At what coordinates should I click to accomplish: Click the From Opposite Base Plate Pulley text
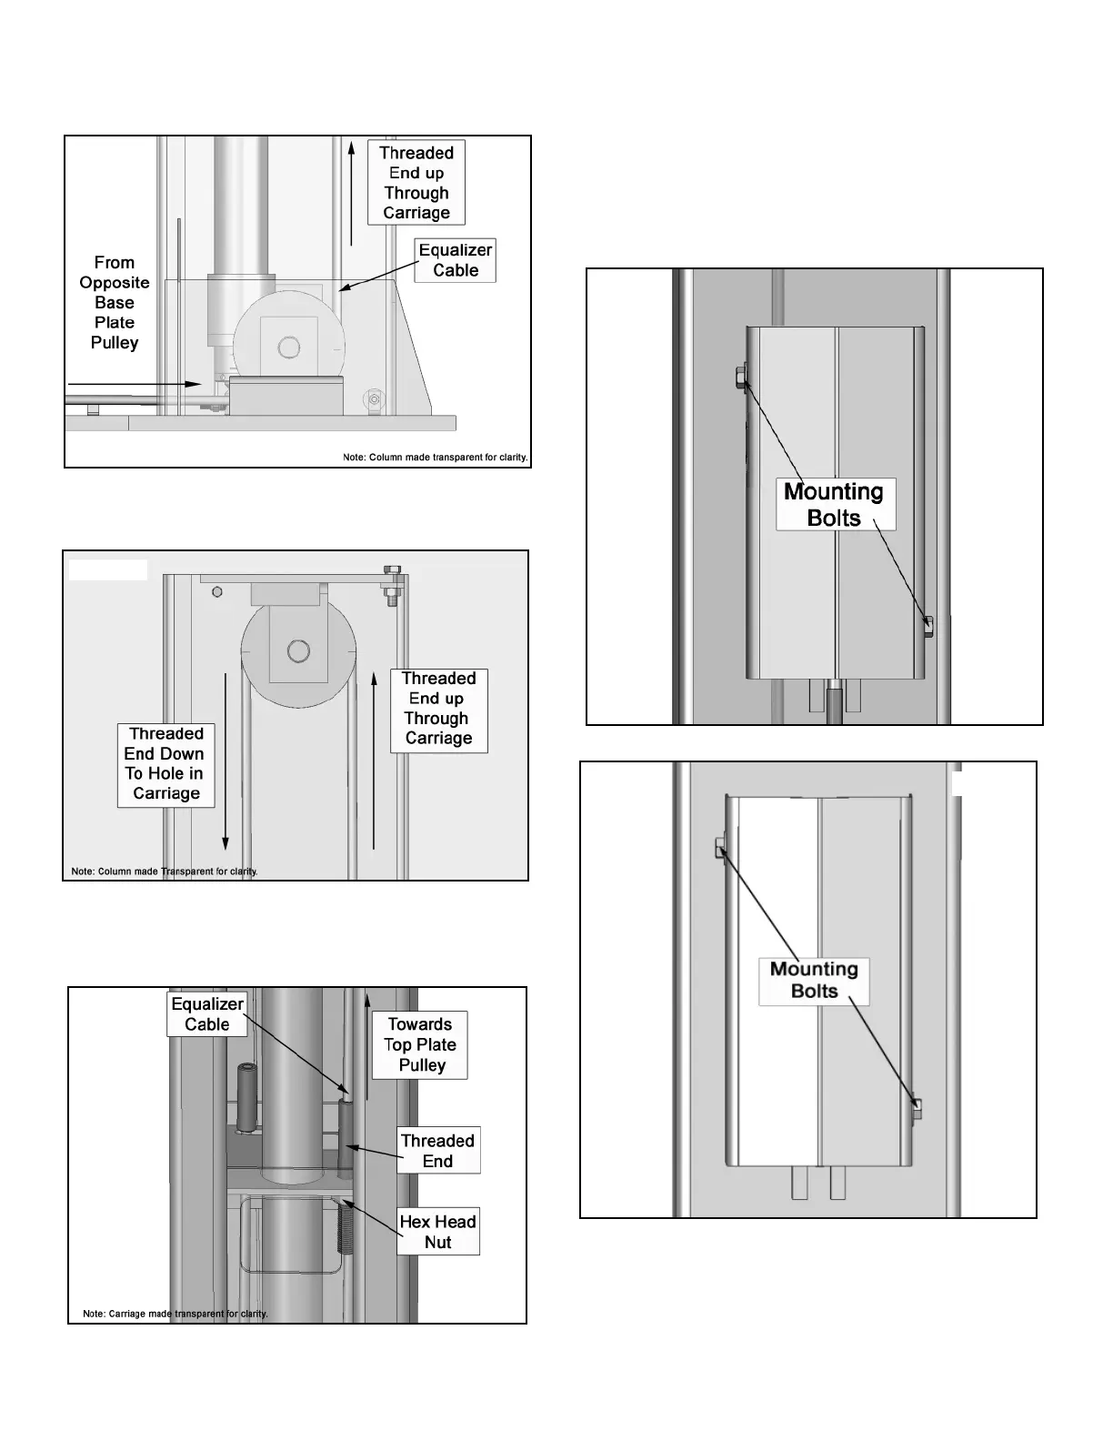tap(115, 302)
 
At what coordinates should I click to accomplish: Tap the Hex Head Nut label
tap(437, 1232)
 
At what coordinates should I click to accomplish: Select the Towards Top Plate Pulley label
tap(420, 1044)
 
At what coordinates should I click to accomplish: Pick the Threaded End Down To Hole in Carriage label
tap(165, 764)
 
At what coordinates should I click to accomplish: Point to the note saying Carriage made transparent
tap(175, 1314)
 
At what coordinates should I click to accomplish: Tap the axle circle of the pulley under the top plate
tap(297, 650)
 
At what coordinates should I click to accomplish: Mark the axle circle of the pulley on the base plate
tap(289, 347)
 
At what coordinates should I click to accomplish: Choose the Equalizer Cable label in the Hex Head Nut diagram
tap(207, 1013)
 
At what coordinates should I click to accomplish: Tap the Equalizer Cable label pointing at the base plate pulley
tap(455, 260)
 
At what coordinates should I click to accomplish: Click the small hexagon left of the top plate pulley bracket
tap(217, 591)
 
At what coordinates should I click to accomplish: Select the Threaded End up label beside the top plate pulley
tap(438, 709)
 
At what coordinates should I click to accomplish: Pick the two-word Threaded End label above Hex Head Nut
tap(437, 1150)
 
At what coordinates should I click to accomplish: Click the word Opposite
tap(115, 283)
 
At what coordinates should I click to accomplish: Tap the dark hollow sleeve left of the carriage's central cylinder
tap(246, 1098)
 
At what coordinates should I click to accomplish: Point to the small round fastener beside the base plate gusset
tap(371, 398)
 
